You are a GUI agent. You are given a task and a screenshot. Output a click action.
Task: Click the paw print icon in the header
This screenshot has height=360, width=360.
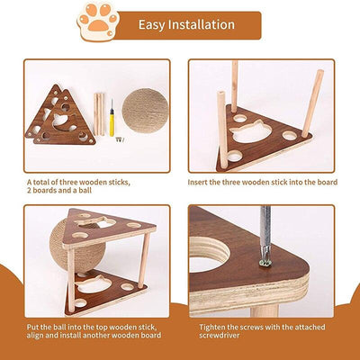(99, 22)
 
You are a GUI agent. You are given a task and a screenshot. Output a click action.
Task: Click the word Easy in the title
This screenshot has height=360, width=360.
(156, 24)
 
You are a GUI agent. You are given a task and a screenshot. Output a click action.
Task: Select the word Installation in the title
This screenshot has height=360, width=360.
(213, 24)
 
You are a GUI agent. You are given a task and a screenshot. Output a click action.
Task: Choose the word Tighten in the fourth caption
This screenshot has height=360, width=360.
(208, 325)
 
